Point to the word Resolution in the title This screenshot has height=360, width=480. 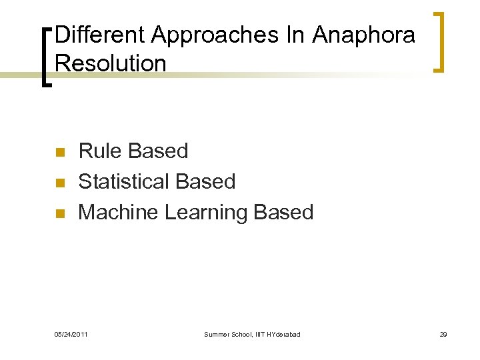111,63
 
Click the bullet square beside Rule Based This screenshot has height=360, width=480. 60,152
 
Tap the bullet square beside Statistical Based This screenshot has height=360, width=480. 60,183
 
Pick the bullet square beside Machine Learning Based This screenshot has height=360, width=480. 60,213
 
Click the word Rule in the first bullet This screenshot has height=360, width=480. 98,151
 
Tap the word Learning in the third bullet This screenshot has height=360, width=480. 206,213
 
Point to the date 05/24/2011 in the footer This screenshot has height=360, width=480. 71,334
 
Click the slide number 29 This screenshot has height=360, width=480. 443,334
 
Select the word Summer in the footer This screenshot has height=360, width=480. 217,334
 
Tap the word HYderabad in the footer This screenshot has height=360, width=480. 283,334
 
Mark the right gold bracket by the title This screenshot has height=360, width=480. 439,41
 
